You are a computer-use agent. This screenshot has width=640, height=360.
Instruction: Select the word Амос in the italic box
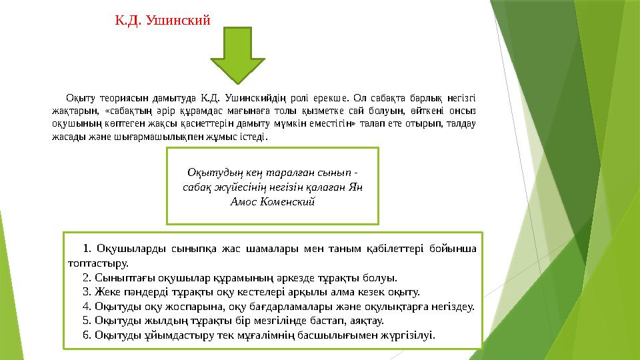[247, 200]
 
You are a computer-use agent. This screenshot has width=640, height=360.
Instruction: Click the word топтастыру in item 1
[96, 263]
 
